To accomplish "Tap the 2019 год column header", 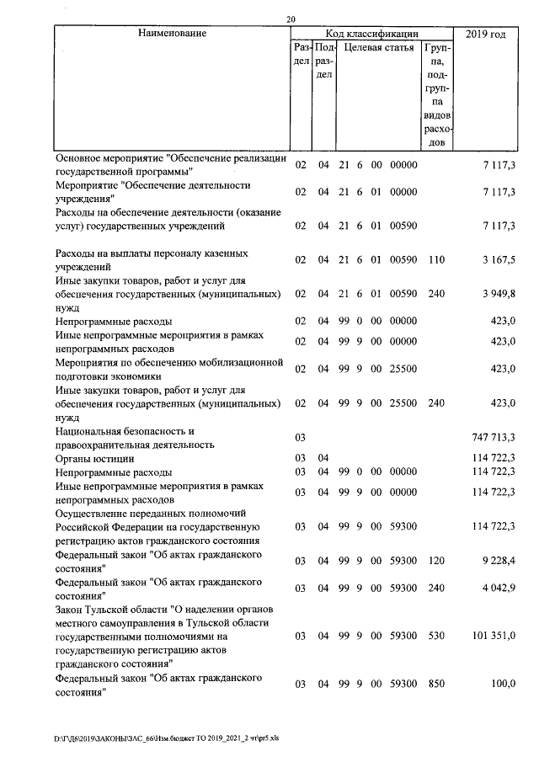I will point(486,34).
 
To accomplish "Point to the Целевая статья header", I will point(379,48).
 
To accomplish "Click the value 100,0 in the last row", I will point(502,684).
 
